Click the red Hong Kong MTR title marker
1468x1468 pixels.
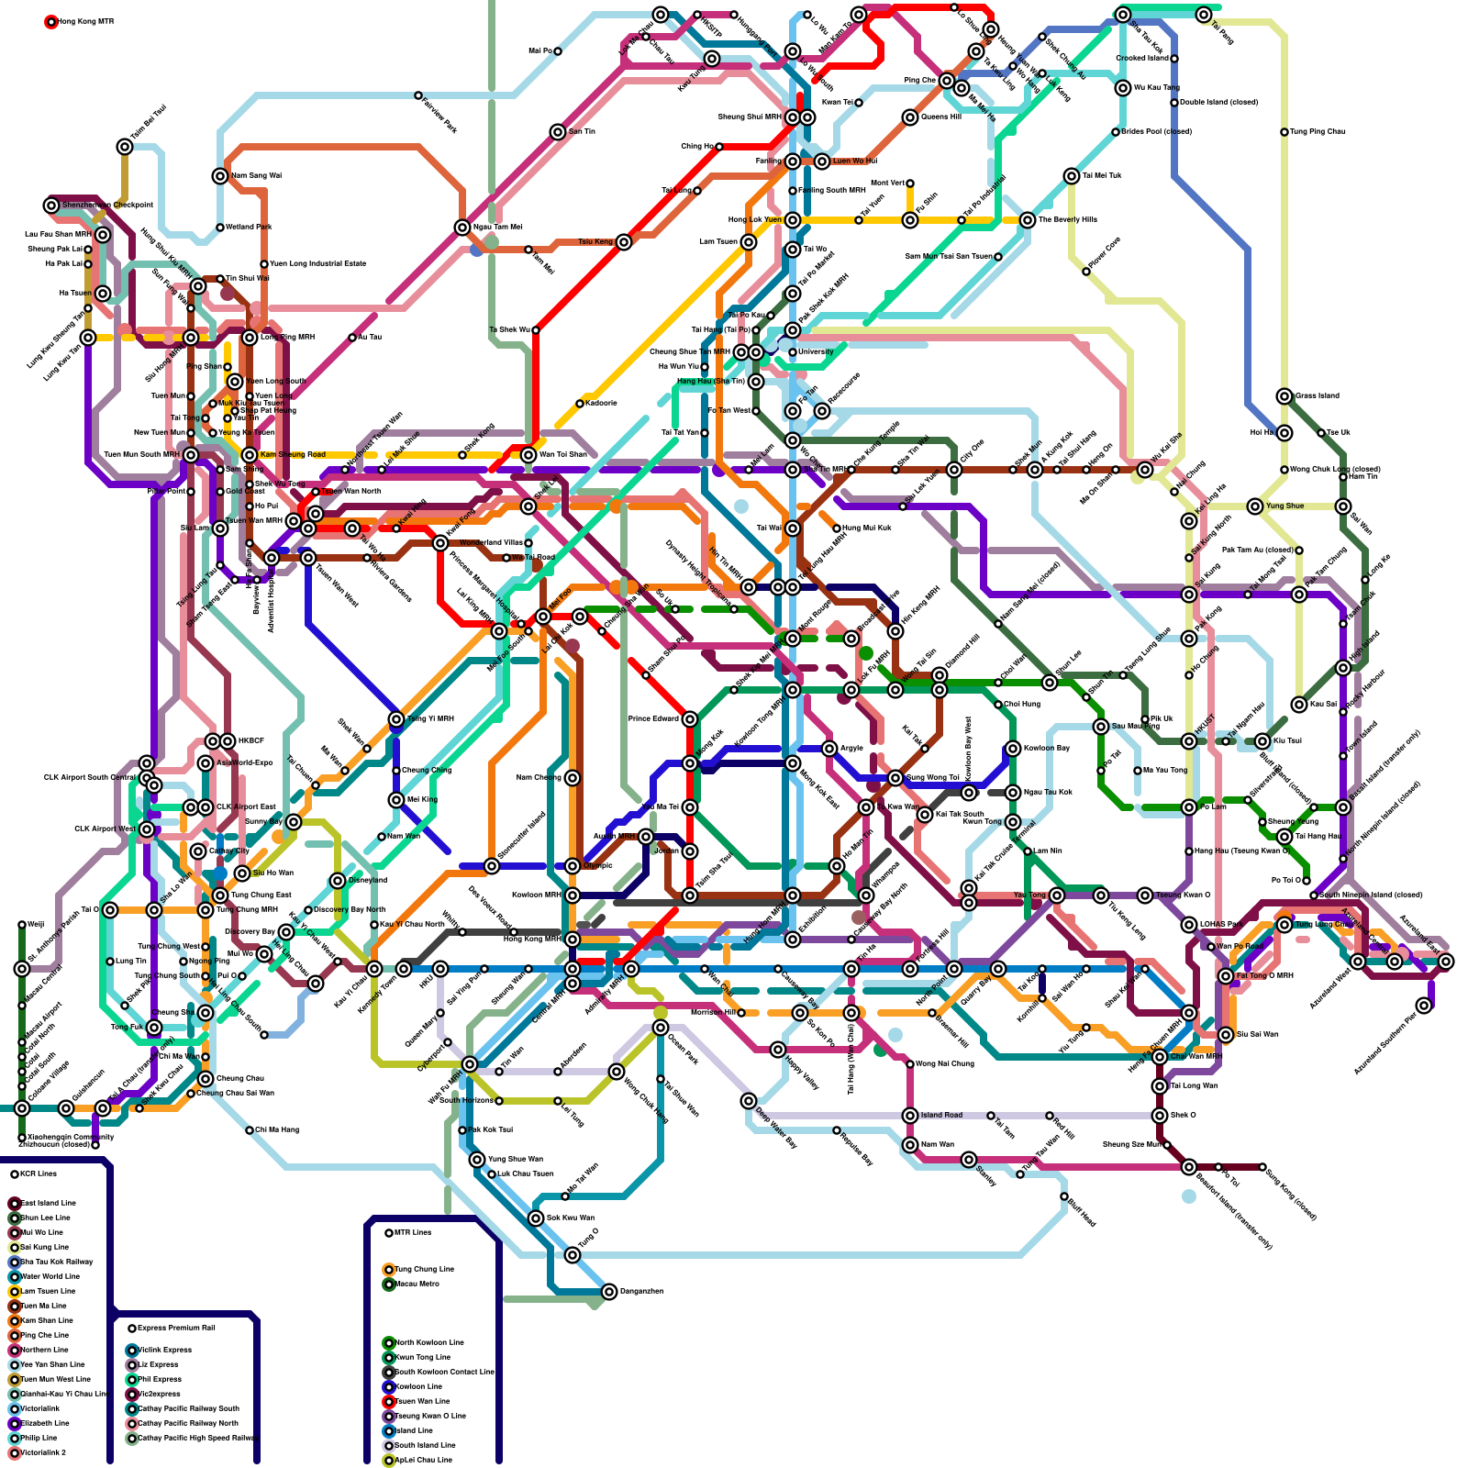(x=51, y=21)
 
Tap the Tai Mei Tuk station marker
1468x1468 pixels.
(x=1072, y=175)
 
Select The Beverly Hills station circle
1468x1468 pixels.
(x=1028, y=219)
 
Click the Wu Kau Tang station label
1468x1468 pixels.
(x=1157, y=88)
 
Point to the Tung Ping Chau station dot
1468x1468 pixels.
(x=1284, y=132)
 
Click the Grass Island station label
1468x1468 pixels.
(x=1318, y=396)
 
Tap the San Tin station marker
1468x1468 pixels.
(x=558, y=132)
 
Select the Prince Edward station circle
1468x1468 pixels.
(x=690, y=719)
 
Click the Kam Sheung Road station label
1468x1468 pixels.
(x=293, y=455)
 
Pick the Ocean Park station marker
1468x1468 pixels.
(x=661, y=1028)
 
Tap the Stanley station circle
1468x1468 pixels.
(x=969, y=1160)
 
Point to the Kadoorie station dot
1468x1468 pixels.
(x=580, y=404)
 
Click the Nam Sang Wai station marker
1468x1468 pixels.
(x=220, y=176)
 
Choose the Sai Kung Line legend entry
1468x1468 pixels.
(x=44, y=1247)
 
